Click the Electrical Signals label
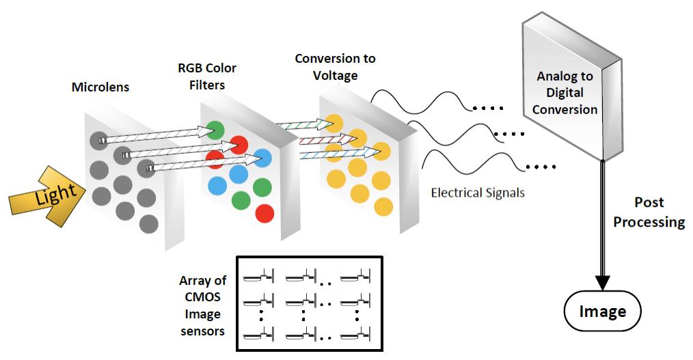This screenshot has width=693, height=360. pyautogui.click(x=478, y=193)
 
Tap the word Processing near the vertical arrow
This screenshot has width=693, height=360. pyautogui.click(x=649, y=222)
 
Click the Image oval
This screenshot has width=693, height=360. pyautogui.click(x=602, y=312)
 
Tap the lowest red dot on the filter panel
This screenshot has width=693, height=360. pyautogui.click(x=264, y=214)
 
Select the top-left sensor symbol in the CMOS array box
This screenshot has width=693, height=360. pyautogui.click(x=258, y=277)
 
